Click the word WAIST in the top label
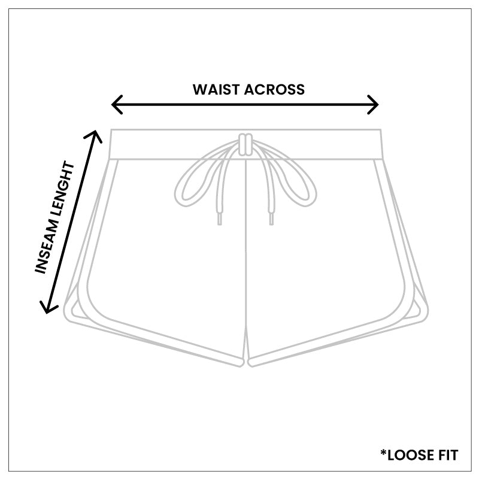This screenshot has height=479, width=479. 216,89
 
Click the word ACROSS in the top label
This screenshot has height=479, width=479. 274,89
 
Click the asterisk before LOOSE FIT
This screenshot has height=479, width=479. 383,452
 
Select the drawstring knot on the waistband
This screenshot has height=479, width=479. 245,144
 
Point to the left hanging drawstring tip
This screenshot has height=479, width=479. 220,219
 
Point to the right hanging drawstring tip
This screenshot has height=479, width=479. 271,219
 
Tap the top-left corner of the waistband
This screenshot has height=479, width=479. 111,129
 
